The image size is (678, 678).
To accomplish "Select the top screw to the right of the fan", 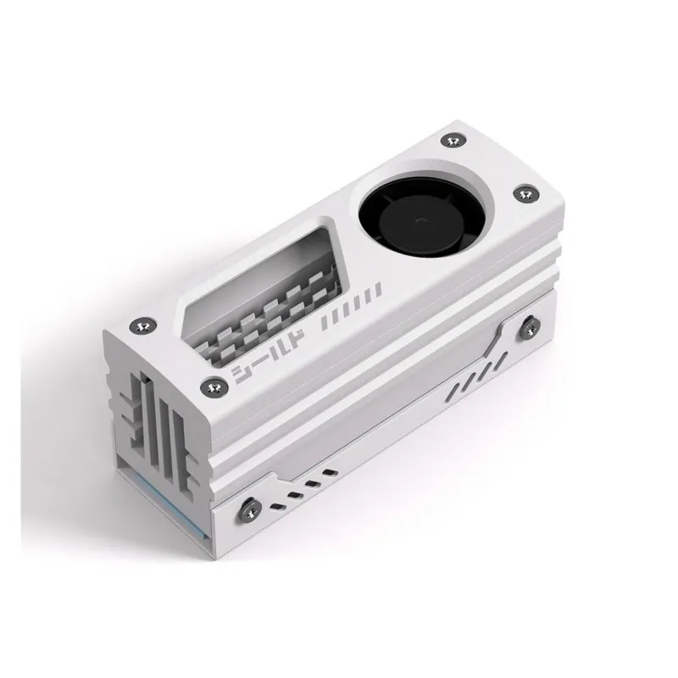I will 525,193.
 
